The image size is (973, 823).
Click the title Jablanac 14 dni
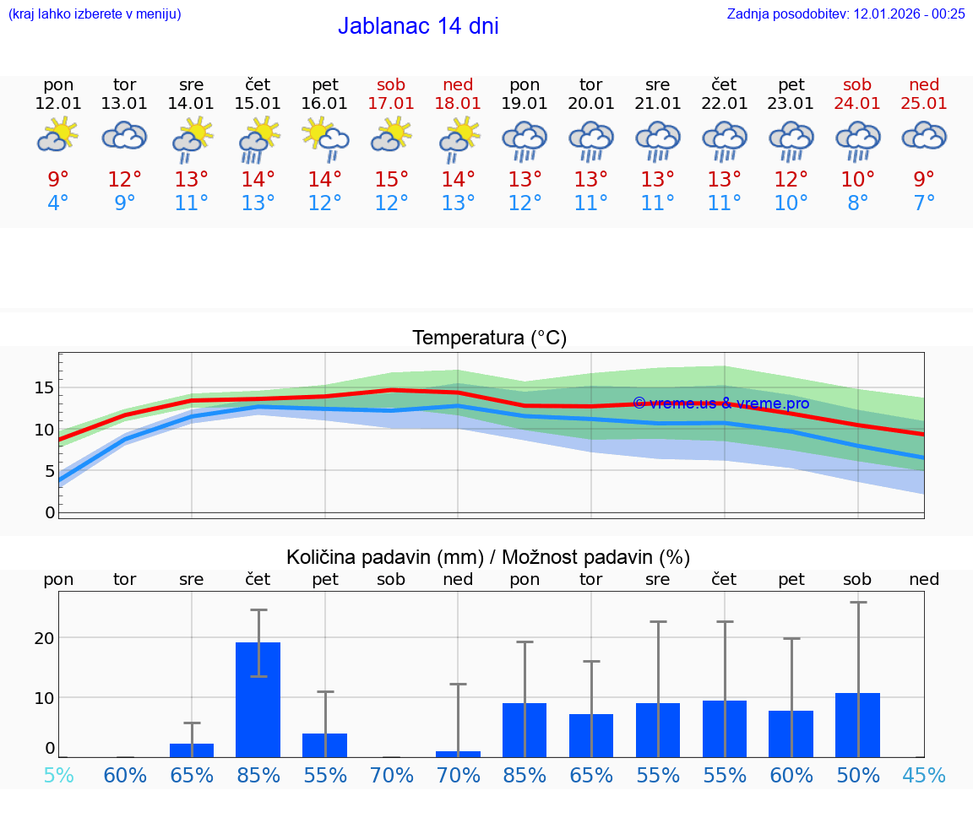point(418,26)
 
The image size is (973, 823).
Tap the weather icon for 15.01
point(258,139)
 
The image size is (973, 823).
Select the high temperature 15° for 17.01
point(392,180)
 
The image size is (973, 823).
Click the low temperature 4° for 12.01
point(58,203)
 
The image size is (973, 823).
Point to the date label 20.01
point(591,103)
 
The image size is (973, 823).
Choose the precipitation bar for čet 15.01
point(258,700)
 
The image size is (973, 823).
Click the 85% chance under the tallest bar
point(258,775)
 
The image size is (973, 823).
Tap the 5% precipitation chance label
point(58,775)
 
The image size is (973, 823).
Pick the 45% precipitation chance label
point(924,775)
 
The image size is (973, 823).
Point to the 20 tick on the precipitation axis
point(44,638)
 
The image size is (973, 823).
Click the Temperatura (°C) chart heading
point(489,338)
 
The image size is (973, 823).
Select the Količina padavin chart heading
point(488,557)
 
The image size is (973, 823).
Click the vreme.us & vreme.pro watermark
point(720,403)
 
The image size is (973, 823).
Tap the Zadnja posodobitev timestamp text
point(845,14)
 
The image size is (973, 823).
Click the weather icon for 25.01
point(924,137)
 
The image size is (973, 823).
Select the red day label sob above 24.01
point(857,84)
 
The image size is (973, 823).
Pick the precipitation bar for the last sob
point(857,725)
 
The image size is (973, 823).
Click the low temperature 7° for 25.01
point(924,203)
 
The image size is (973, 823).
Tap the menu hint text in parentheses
point(95,14)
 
